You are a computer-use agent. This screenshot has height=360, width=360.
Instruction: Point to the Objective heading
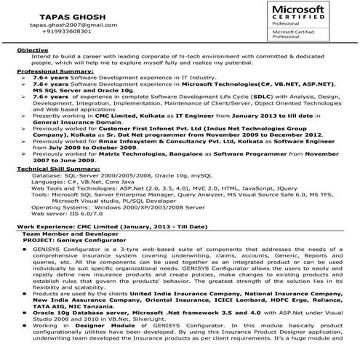[33, 49]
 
